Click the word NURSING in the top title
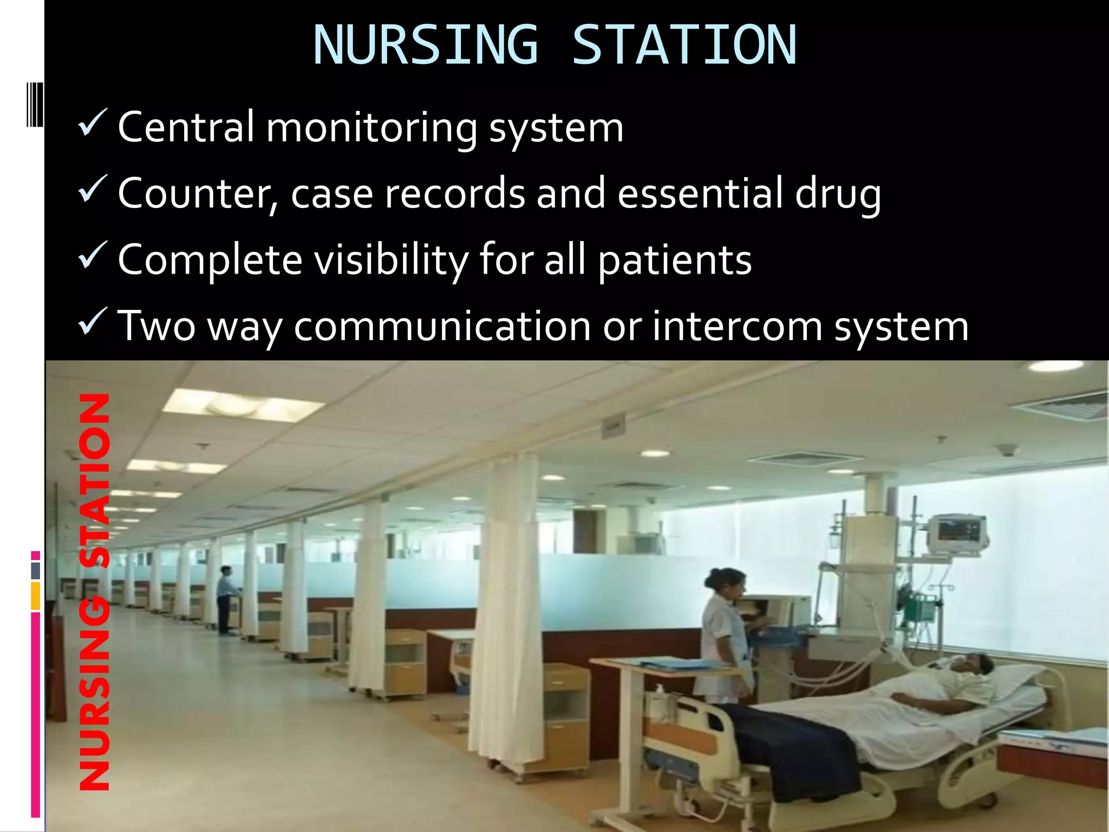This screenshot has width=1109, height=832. (426, 45)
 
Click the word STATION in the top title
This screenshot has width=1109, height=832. (684, 45)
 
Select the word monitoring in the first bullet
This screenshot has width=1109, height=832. (371, 129)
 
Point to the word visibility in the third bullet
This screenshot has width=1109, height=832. (391, 260)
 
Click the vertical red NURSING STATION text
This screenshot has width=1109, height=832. (95, 590)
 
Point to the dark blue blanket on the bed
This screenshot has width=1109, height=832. (796, 747)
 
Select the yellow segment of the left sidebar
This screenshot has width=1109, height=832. (36, 596)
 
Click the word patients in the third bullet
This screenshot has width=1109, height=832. (675, 261)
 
